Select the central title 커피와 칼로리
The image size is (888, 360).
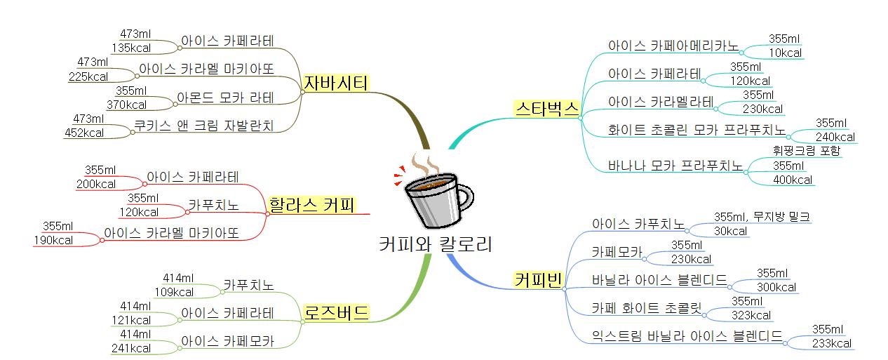(435, 245)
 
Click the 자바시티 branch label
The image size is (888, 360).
(336, 83)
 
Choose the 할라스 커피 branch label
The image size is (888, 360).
(311, 205)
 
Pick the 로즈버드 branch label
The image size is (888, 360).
(336, 312)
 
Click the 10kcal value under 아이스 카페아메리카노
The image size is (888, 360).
(784, 53)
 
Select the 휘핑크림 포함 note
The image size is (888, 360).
(806, 151)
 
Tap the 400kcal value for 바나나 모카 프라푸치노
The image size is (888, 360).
(793, 180)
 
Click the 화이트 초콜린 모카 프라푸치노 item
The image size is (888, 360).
(697, 131)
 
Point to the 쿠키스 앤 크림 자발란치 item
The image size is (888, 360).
(203, 126)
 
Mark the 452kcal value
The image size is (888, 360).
(83, 132)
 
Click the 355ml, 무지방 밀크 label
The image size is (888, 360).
(762, 216)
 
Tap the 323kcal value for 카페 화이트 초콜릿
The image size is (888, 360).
(751, 316)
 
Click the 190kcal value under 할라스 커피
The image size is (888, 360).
(53, 240)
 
